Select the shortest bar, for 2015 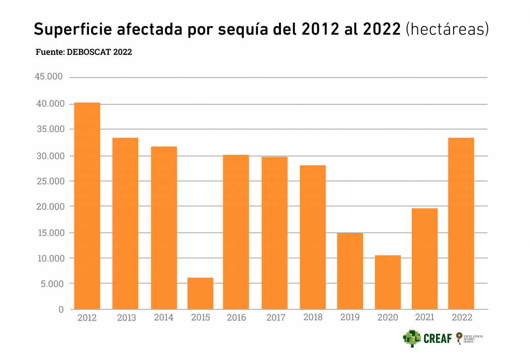[x=200, y=293]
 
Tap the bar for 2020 [x=388, y=282]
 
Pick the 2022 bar [x=461, y=223]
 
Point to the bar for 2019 [x=350, y=271]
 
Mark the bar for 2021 [x=425, y=258]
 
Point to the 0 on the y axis [x=61, y=309]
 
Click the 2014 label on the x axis [x=163, y=317]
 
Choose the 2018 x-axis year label [x=312, y=317]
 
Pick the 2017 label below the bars [x=275, y=317]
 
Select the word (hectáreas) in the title [x=447, y=29]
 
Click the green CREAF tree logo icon [x=412, y=338]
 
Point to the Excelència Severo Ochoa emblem [x=469, y=338]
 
